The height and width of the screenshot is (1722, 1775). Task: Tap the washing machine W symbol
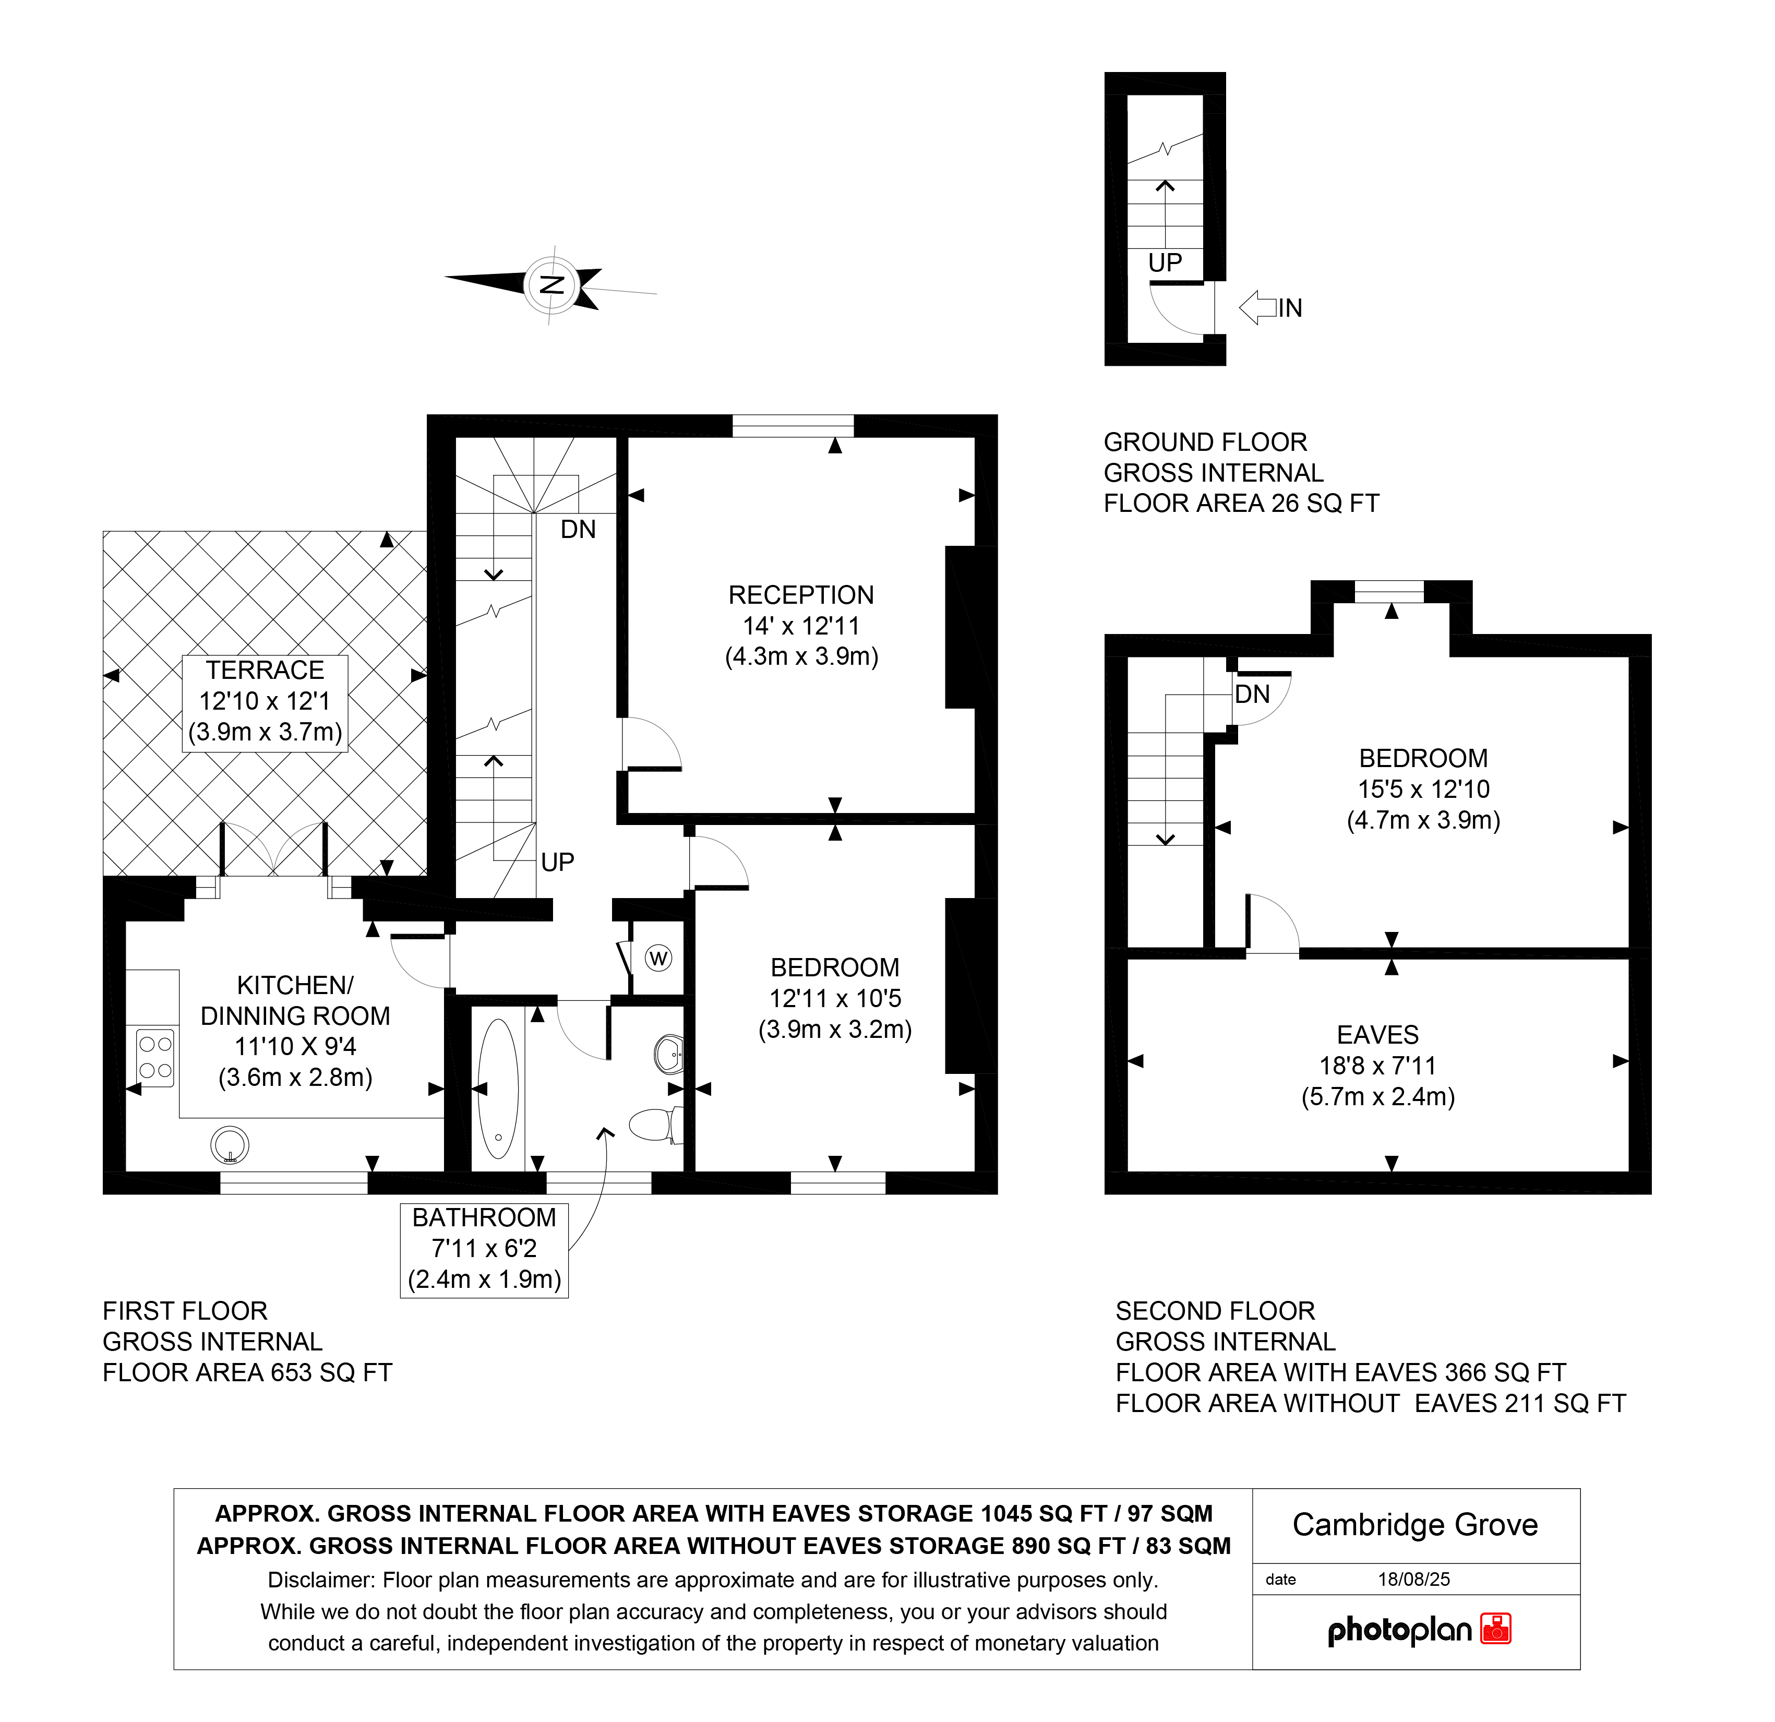point(658,959)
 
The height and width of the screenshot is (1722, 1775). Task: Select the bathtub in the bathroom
point(498,1089)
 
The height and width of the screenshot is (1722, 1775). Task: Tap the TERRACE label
point(265,671)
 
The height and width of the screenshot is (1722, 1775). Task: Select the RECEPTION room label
point(801,595)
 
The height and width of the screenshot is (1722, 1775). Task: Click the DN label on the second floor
point(1252,694)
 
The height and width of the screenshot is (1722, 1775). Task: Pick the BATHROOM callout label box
point(485,1250)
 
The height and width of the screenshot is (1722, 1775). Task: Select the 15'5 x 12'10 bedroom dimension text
point(1424,789)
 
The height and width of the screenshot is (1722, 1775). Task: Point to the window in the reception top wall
point(793,426)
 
